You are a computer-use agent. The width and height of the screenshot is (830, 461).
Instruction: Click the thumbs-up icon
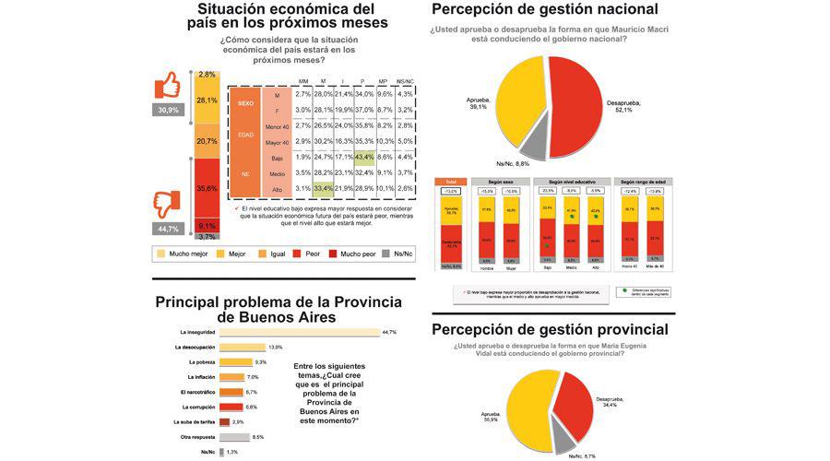click(168, 87)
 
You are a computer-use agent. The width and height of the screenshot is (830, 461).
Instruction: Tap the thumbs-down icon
click(168, 201)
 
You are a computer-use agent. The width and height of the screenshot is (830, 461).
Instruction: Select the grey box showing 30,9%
click(168, 110)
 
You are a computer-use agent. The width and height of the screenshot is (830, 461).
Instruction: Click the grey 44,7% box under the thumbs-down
click(168, 228)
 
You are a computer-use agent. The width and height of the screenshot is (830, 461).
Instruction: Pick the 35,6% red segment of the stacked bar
click(207, 188)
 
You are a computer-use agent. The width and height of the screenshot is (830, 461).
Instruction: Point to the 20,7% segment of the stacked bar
click(207, 141)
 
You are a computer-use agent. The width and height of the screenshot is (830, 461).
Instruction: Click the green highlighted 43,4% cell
click(363, 157)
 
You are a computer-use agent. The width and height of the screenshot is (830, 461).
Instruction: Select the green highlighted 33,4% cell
click(323, 189)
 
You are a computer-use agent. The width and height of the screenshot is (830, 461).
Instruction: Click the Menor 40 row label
click(278, 125)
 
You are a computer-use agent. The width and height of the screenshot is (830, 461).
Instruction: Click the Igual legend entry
click(269, 252)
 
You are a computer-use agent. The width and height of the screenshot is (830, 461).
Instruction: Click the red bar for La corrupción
click(231, 407)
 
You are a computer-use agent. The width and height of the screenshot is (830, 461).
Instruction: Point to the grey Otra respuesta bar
click(234, 437)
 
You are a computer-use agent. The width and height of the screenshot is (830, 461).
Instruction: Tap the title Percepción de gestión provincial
click(549, 329)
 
